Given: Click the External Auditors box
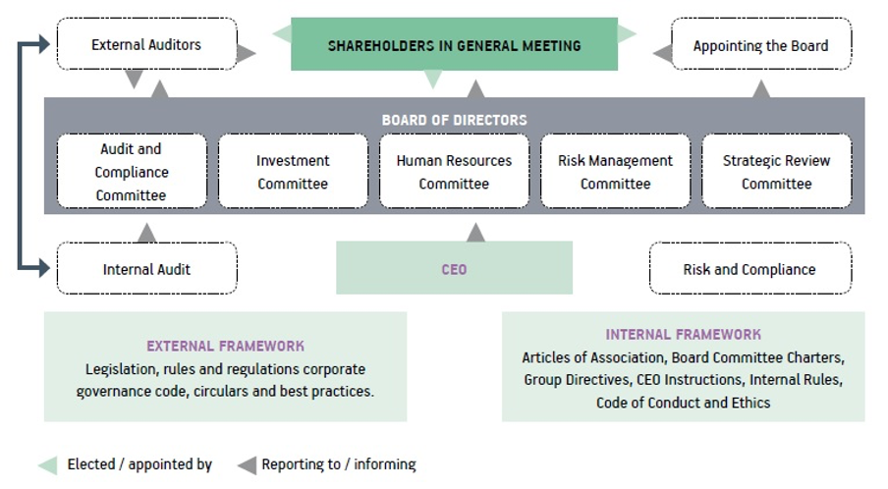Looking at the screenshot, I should (x=146, y=44).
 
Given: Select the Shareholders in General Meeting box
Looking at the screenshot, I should (x=454, y=45).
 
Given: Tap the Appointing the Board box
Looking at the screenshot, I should (x=760, y=45).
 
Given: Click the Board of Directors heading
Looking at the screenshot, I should (x=454, y=120).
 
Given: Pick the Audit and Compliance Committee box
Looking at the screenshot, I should (x=131, y=172).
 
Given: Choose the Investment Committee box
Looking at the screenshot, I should (x=293, y=172).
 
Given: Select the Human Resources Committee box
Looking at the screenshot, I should (x=454, y=172).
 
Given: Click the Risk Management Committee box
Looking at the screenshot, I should (x=615, y=172).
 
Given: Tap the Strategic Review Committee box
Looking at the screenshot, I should (x=776, y=172).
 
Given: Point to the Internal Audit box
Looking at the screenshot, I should (x=146, y=269).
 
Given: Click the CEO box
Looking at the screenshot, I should (x=454, y=268).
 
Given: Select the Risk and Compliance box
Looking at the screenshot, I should (x=749, y=269).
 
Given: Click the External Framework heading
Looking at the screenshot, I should (x=225, y=346).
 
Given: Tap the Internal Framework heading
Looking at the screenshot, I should (x=683, y=334).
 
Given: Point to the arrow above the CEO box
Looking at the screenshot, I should (x=475, y=232).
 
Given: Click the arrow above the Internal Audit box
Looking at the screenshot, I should (x=146, y=232).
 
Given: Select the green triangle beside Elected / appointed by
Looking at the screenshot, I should (x=47, y=464).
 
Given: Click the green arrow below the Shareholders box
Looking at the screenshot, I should (x=431, y=80).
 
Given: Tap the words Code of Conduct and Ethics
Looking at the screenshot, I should (x=683, y=403).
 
